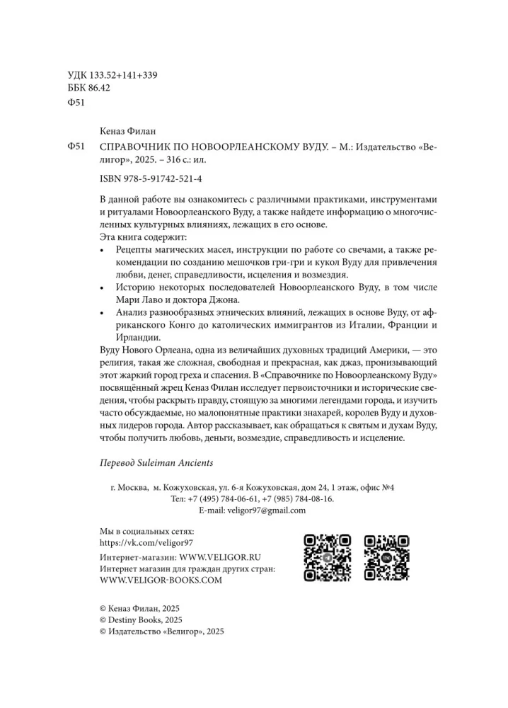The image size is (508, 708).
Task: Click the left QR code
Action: point(328,558)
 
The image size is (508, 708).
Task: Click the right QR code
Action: point(387,558)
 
